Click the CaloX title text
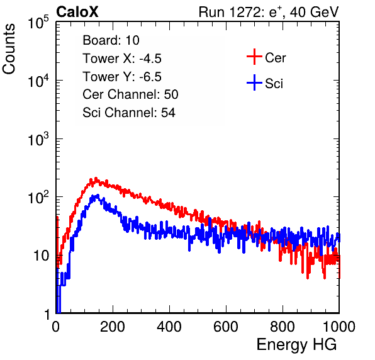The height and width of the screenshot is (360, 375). click(77, 12)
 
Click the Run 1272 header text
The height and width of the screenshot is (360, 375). click(269, 12)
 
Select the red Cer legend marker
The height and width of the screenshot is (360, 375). click(254, 57)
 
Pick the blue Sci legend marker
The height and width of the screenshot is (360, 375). click(254, 82)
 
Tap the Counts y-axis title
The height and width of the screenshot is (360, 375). click(9, 49)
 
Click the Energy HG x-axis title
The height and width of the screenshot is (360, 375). click(296, 345)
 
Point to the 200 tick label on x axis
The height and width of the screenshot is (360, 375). click(113, 327)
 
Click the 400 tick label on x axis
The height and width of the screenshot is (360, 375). click(169, 327)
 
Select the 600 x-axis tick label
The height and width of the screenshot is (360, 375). click(226, 327)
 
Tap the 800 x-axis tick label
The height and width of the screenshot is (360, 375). click(283, 327)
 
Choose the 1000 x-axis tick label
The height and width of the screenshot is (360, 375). click(339, 327)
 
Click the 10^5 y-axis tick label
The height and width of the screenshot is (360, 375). click(38, 23)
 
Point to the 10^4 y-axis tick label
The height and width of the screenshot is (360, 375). click(38, 81)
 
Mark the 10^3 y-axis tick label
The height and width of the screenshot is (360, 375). click(38, 139)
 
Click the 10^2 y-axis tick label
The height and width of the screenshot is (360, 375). click(38, 198)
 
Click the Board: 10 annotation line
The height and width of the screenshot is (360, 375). click(111, 40)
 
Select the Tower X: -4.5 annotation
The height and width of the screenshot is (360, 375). click(122, 59)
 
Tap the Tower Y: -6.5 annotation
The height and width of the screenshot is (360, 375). click(122, 77)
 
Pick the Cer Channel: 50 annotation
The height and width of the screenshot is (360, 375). click(130, 94)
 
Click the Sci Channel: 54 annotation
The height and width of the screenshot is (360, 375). click(129, 113)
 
